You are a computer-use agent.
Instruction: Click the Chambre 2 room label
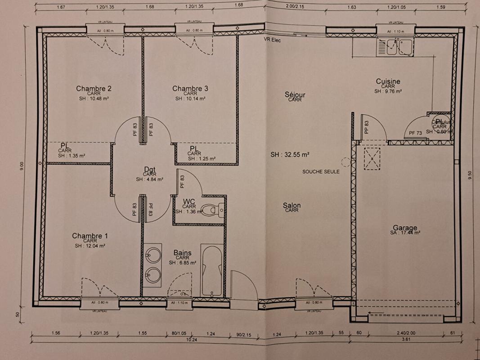[x=94, y=89]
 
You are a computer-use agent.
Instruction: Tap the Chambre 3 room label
[x=190, y=89]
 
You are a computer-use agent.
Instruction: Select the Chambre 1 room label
[x=90, y=236]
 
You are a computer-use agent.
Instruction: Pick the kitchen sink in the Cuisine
[x=394, y=47]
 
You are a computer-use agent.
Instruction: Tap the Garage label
[x=404, y=228]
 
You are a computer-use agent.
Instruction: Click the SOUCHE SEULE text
[x=321, y=171]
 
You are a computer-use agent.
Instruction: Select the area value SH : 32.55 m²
[x=290, y=154]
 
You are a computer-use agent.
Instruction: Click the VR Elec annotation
[x=272, y=40]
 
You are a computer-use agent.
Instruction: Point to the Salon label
[x=292, y=206]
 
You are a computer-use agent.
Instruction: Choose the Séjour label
[x=295, y=94]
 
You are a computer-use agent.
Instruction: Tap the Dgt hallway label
[x=149, y=169]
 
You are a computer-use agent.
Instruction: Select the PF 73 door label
[x=415, y=133]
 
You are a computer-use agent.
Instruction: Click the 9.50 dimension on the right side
[x=470, y=175]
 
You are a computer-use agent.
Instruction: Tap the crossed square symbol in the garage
[x=372, y=159]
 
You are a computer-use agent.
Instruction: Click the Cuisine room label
[x=388, y=81]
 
